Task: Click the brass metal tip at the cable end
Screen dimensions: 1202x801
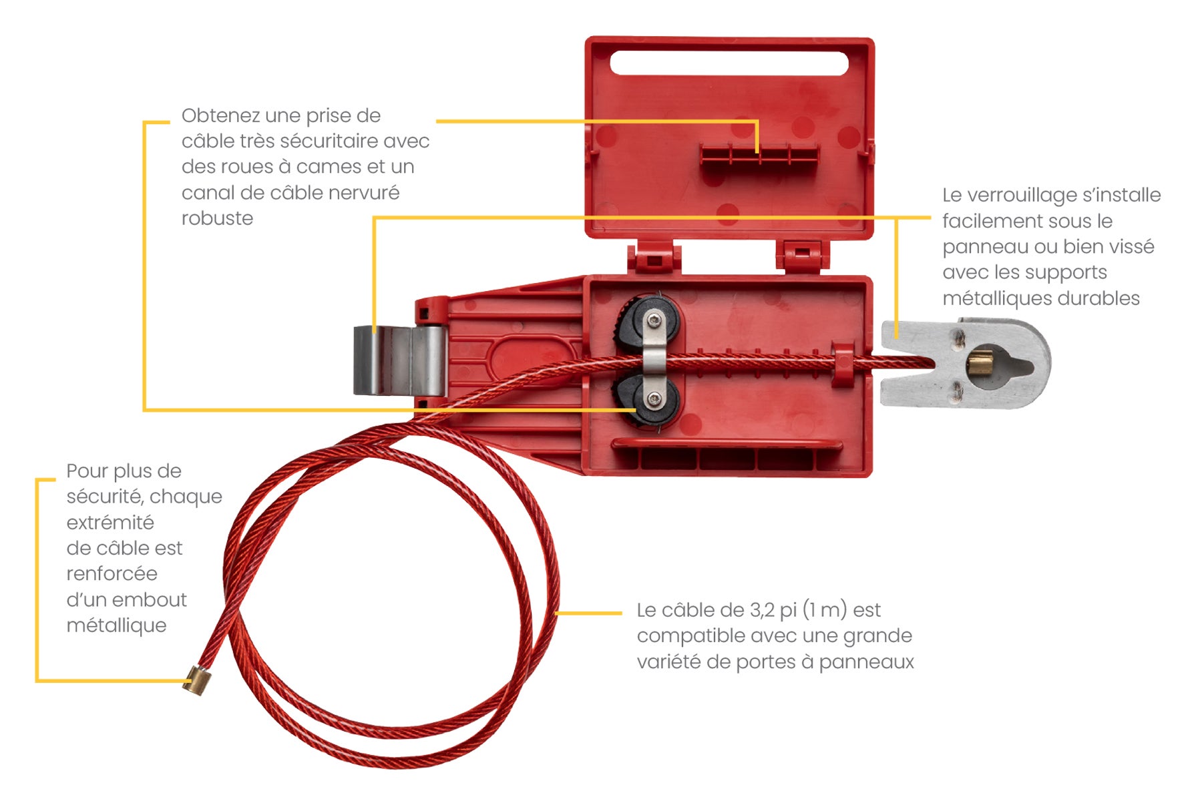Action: pyautogui.click(x=195, y=681)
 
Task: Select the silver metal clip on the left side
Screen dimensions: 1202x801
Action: pyautogui.click(x=399, y=360)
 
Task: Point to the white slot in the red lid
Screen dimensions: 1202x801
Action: pyautogui.click(x=729, y=63)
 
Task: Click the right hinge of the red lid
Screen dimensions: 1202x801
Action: pyautogui.click(x=802, y=256)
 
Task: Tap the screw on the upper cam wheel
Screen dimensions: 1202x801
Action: pyautogui.click(x=655, y=322)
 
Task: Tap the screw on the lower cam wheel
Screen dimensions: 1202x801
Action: pyautogui.click(x=654, y=400)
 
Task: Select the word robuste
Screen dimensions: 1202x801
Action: pyautogui.click(x=217, y=218)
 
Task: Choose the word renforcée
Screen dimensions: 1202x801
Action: pyautogui.click(x=112, y=573)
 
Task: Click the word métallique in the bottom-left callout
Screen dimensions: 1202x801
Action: pyautogui.click(x=116, y=625)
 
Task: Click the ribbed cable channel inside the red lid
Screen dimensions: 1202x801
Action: pyautogui.click(x=759, y=154)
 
